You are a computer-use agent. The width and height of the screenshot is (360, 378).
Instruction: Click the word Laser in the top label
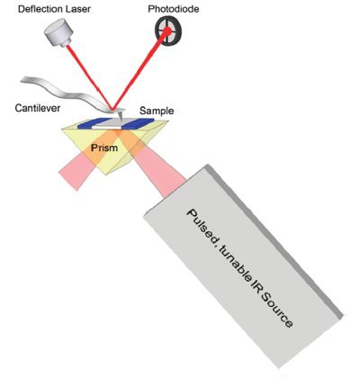point(78,9)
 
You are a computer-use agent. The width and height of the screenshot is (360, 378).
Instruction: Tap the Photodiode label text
point(174,9)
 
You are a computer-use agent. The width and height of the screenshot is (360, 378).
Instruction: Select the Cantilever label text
point(38,108)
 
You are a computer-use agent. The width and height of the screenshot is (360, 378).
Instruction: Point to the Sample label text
point(157,111)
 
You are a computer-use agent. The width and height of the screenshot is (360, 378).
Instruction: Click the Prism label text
point(104,148)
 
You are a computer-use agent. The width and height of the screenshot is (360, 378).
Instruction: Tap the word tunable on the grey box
point(231,261)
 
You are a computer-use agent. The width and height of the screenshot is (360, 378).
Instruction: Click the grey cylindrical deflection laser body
point(59,32)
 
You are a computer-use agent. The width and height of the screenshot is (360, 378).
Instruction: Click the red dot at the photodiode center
point(167,31)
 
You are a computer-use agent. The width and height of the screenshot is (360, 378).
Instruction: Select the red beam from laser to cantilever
point(89,77)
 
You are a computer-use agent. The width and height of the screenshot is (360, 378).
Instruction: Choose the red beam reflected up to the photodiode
point(139,70)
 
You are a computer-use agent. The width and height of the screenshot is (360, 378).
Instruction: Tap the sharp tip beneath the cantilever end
point(121,119)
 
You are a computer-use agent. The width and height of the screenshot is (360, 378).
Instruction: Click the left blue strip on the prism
point(93,123)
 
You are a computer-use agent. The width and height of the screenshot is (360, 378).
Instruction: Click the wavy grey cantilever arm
point(67,92)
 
